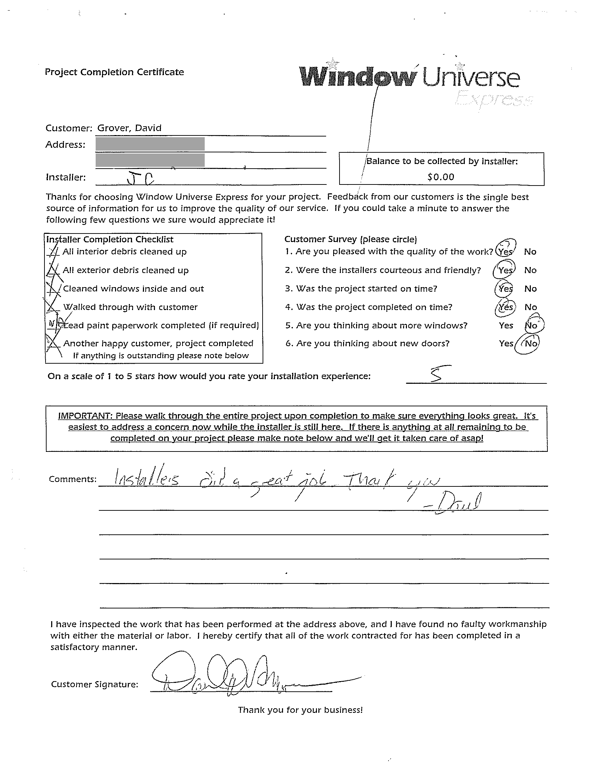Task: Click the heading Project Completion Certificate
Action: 114,72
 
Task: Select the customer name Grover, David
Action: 130,128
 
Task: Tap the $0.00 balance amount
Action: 441,177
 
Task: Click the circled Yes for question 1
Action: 505,251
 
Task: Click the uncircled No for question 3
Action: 530,289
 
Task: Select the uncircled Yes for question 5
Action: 506,326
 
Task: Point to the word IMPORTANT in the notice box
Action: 84,416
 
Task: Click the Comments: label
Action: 72,479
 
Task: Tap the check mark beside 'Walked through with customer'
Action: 53,307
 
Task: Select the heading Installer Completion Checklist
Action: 110,240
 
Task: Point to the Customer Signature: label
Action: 95,684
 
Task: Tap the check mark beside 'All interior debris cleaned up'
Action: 53,251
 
